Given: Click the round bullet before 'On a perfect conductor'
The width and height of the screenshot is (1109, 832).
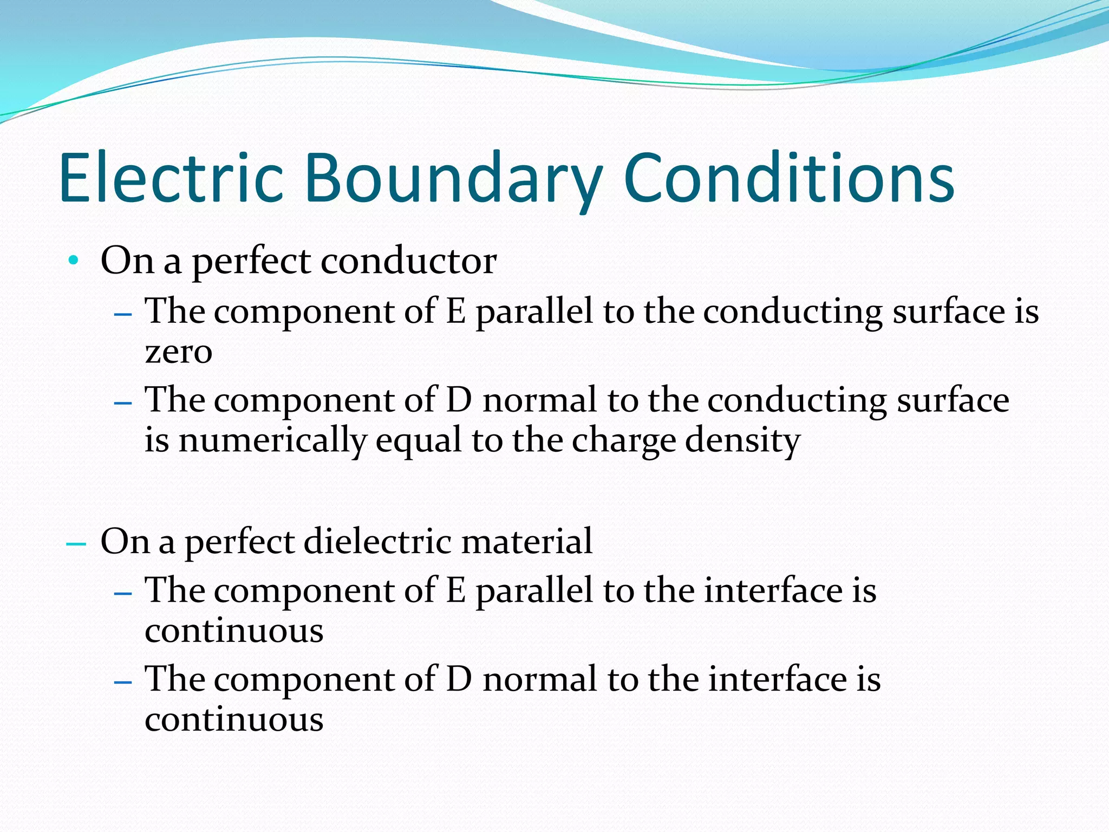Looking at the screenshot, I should (74, 261).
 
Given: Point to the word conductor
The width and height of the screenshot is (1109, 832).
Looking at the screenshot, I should (409, 261).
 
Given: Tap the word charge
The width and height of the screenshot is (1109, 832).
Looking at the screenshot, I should (623, 441).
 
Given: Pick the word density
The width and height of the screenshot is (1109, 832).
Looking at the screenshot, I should (742, 441).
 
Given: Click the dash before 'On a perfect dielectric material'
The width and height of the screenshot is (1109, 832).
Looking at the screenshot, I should (76, 542).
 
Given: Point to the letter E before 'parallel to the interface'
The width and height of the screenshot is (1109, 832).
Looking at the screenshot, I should (455, 590).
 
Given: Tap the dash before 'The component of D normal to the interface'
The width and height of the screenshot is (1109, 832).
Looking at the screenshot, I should (123, 681).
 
